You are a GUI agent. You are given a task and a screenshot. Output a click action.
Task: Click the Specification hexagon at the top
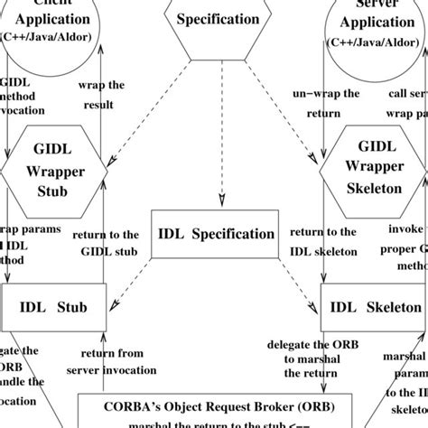coord(216,20)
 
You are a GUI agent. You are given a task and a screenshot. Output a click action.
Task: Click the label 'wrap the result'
coord(102,98)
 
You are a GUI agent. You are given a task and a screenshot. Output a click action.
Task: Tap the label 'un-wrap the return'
coord(316,106)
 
